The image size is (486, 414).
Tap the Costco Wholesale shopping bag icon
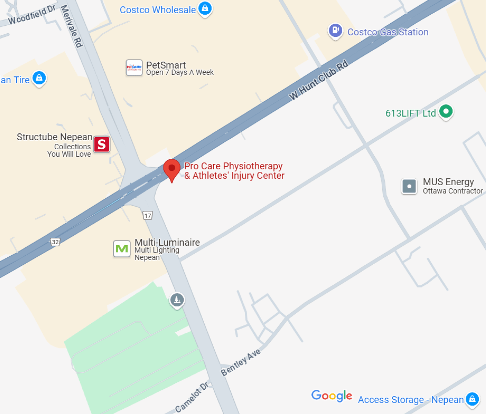205,8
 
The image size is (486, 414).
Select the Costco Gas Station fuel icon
335,31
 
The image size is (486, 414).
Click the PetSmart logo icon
134,67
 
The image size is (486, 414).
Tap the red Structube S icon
102,144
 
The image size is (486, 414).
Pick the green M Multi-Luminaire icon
122,249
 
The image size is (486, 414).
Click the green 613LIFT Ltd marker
446,111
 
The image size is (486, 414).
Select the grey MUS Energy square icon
409,186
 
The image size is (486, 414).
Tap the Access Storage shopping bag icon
472,399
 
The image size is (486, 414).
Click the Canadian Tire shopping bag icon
39,78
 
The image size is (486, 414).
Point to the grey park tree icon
177,299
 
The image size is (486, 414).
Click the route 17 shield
148,216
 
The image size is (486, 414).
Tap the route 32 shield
55,242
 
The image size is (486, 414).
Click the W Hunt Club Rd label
318,80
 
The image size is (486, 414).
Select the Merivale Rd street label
71,26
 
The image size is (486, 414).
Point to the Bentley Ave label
240,362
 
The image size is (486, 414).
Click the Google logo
332,395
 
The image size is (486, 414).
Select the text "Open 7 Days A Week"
180,73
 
